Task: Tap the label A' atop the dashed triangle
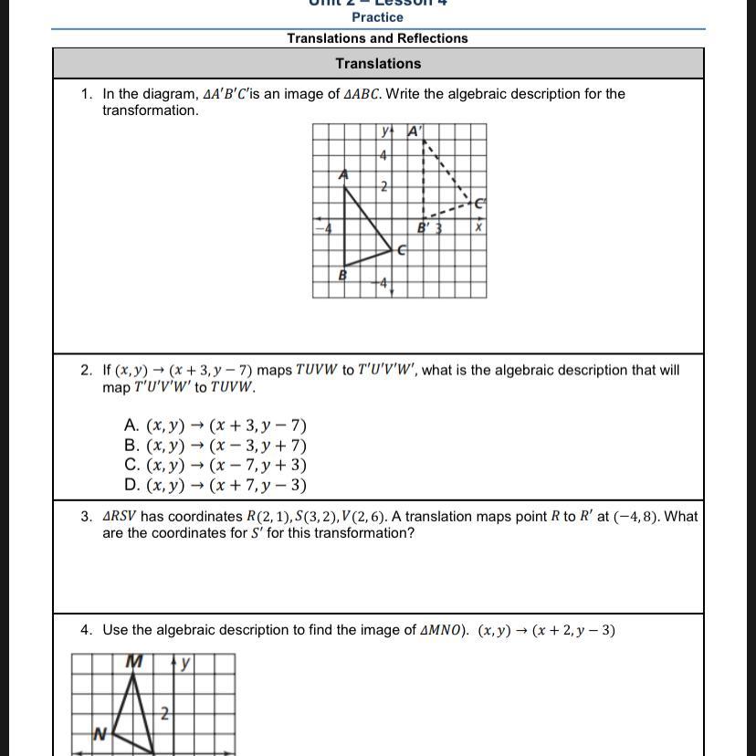[415, 131]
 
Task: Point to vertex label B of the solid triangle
[342, 274]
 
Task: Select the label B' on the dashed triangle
[424, 227]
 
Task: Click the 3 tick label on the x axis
[438, 228]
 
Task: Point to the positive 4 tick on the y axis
[383, 156]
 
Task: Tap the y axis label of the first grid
[384, 131]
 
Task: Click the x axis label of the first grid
[478, 227]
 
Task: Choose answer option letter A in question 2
[131, 425]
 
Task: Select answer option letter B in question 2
[131, 446]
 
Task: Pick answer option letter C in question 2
[131, 466]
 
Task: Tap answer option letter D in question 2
[131, 486]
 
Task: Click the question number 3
[86, 517]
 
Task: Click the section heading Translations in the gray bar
[378, 64]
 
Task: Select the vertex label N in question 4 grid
[100, 732]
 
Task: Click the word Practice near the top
[377, 17]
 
